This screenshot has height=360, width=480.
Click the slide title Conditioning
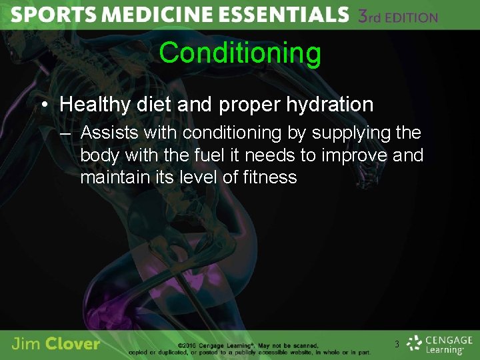click(x=240, y=53)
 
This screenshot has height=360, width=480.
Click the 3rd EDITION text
click(x=397, y=16)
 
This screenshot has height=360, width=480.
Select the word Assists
click(x=108, y=133)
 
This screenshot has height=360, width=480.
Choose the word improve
click(x=357, y=155)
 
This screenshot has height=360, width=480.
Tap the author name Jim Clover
click(x=56, y=344)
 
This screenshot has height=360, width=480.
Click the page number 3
click(x=397, y=345)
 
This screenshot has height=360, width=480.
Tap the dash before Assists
click(x=64, y=133)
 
